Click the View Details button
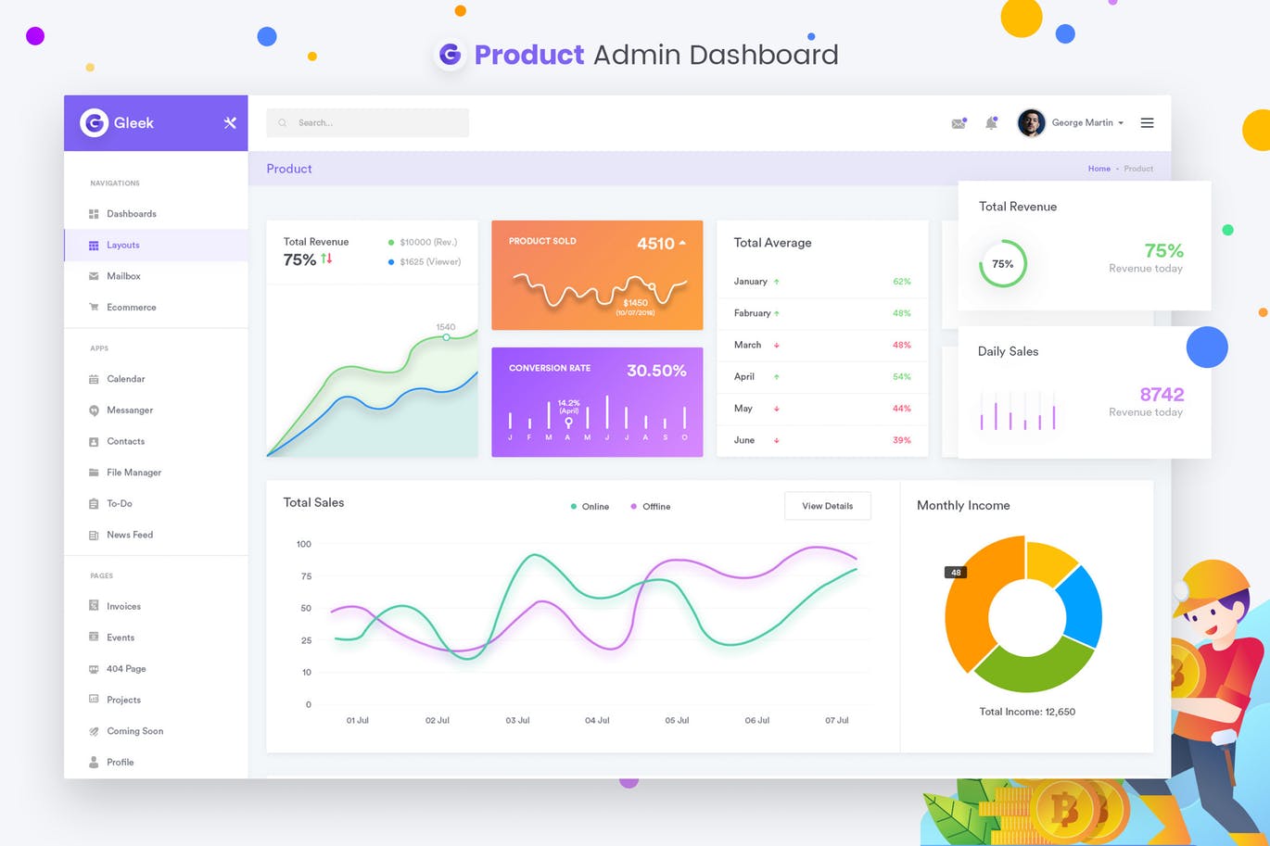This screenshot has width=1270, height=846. [827, 506]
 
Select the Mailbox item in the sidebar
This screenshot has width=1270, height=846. [123, 276]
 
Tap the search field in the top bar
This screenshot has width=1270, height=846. [368, 123]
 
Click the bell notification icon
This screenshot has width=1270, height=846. [991, 123]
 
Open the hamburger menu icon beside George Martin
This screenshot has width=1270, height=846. [1147, 123]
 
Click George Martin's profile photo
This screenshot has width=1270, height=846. [1031, 122]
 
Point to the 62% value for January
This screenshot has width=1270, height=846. [901, 282]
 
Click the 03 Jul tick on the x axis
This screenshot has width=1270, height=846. [517, 720]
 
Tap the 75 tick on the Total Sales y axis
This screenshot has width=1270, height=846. [305, 576]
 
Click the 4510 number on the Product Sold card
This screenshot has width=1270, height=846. [655, 244]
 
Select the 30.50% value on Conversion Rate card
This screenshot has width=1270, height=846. [656, 371]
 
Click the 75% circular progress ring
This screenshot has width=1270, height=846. [1002, 264]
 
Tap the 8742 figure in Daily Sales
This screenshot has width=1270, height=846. [1162, 395]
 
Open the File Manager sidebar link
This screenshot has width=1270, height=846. [133, 473]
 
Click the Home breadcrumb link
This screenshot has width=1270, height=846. [1099, 169]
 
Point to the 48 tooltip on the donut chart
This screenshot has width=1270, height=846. [955, 573]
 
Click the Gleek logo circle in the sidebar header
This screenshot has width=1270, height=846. [95, 123]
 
